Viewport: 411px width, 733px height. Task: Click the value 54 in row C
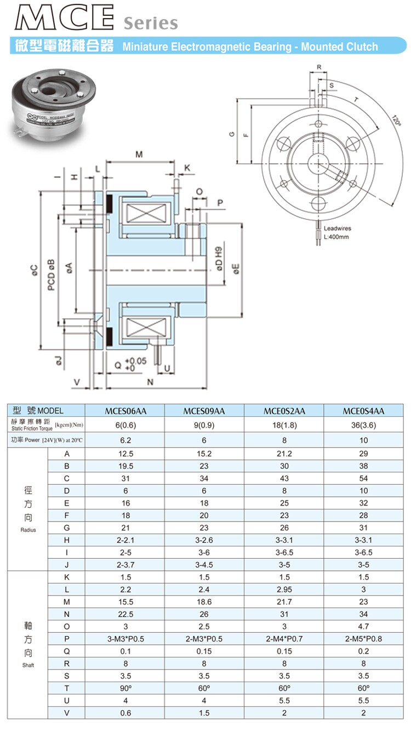coord(363,478)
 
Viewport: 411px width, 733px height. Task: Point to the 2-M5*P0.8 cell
coord(363,639)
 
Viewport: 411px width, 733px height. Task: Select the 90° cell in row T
coord(125,688)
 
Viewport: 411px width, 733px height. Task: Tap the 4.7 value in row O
coord(363,626)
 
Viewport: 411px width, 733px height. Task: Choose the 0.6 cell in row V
coord(125,713)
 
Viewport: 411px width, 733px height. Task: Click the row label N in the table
coord(66,614)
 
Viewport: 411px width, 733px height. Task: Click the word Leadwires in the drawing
coord(338,228)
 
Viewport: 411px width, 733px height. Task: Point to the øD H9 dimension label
coord(220,260)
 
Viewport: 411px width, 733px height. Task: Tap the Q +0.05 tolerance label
coord(130,364)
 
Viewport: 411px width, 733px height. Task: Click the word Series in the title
coord(150,24)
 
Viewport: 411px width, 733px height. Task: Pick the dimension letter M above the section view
coord(139,154)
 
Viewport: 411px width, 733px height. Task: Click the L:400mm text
coord(336,237)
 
